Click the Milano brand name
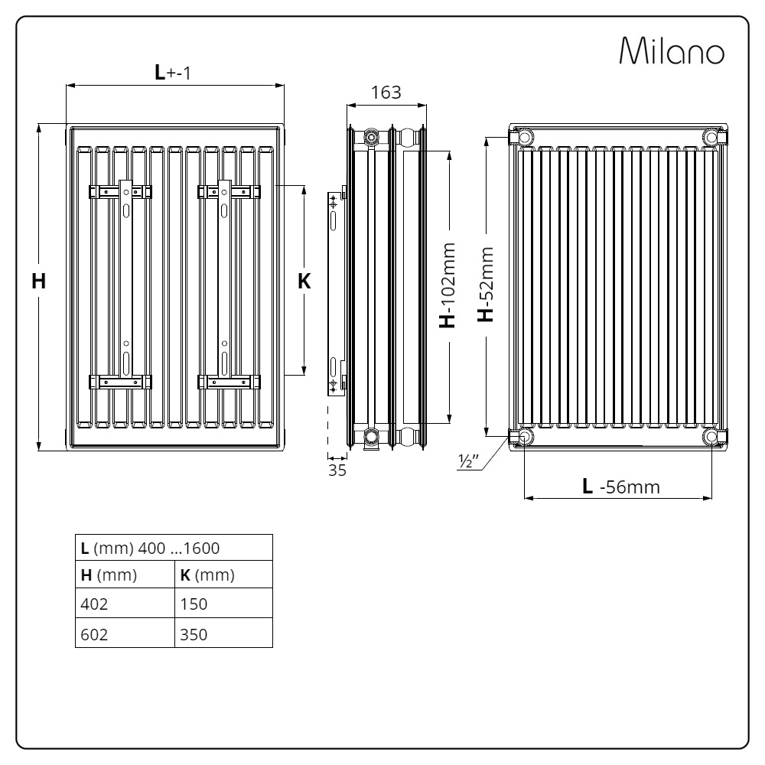[672, 50]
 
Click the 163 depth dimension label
[386, 93]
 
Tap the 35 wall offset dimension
[337, 470]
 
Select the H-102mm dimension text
[448, 285]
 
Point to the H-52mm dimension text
[486, 285]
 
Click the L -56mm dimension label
[621, 487]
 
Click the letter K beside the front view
[304, 281]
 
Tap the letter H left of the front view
[38, 281]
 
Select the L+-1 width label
[173, 72]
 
